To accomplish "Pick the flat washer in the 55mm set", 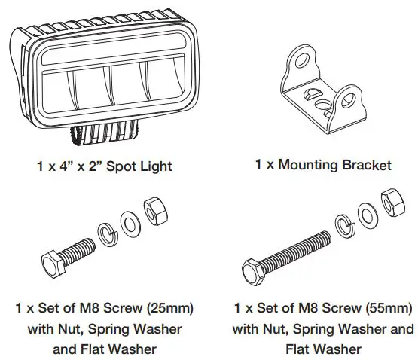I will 367,214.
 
